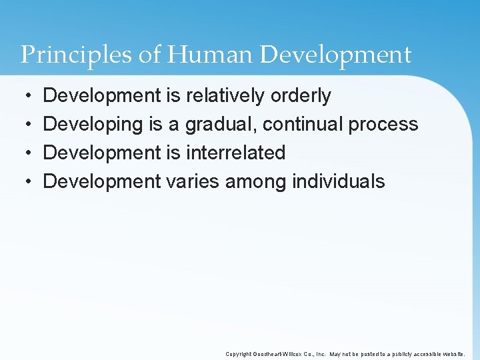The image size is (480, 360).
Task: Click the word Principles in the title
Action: coord(76,55)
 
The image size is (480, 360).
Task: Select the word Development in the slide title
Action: coord(335,55)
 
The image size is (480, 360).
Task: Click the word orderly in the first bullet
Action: coord(301,96)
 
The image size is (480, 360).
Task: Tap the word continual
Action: coord(302,125)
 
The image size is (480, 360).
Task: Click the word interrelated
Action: coord(235,153)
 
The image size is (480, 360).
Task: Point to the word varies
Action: coord(193,181)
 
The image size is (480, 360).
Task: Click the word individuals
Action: coord(339,181)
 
